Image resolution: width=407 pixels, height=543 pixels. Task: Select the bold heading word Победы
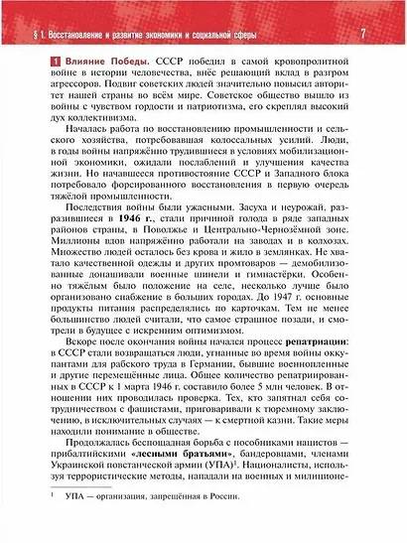click(124, 66)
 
